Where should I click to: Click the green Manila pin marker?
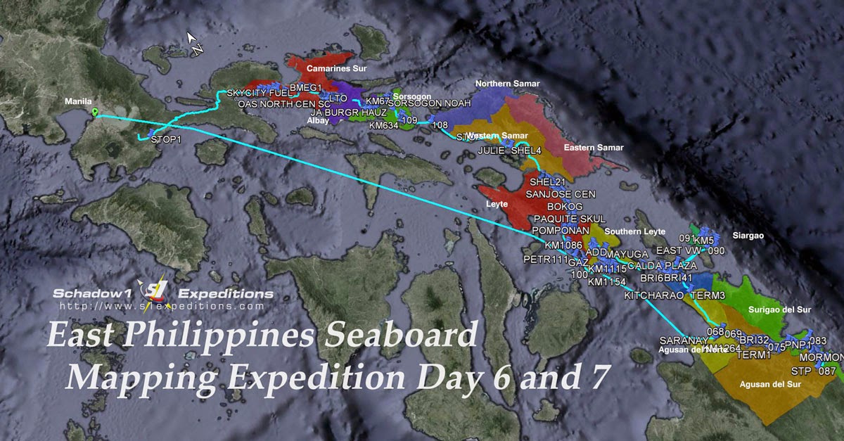pyautogui.click(x=95, y=113)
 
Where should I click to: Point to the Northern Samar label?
pyautogui.click(x=507, y=84)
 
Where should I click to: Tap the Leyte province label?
pyautogui.click(x=495, y=204)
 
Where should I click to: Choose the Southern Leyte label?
pyautogui.click(x=633, y=232)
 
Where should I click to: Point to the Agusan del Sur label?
pyautogui.click(x=770, y=385)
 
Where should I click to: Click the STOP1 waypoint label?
pyautogui.click(x=166, y=139)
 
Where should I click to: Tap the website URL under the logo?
pyautogui.click(x=162, y=307)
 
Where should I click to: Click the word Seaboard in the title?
pyautogui.click(x=403, y=335)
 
